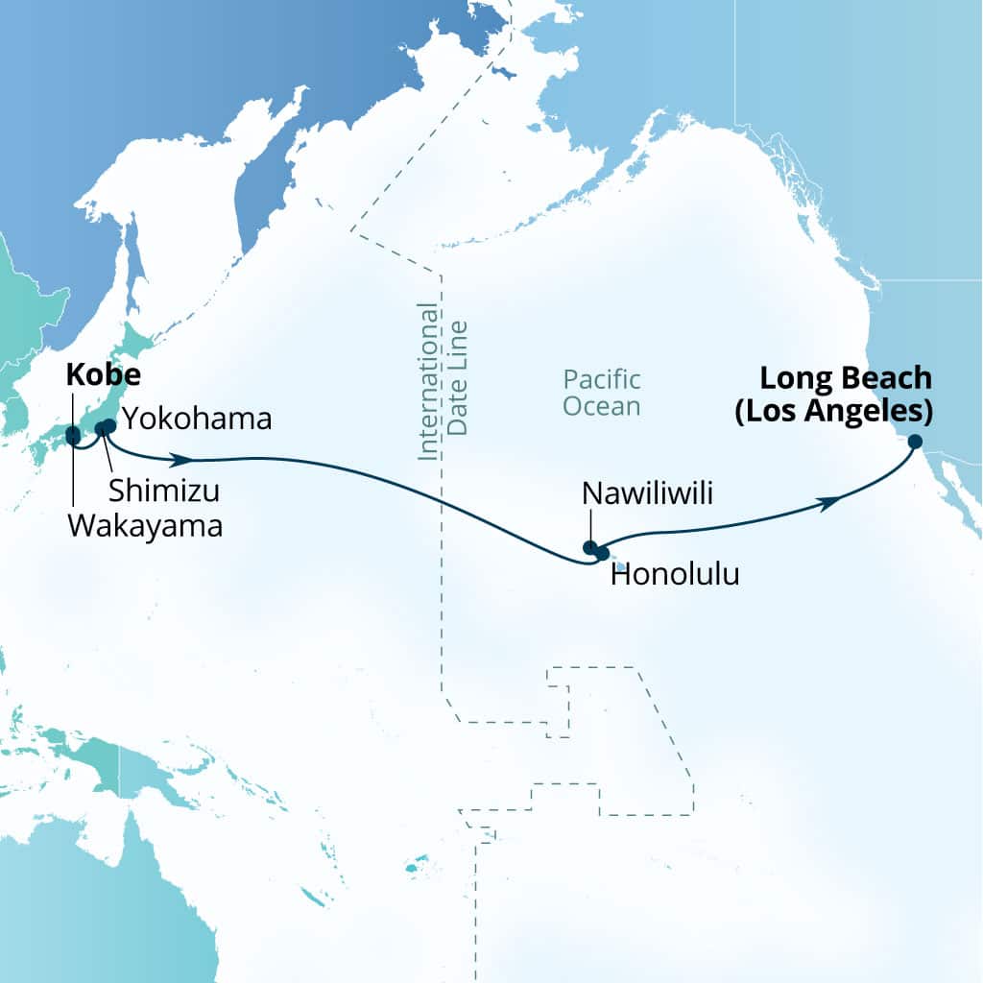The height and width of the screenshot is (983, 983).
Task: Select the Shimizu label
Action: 164,491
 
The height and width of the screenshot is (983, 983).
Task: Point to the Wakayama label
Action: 145,524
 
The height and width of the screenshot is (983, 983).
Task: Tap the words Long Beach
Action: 846,377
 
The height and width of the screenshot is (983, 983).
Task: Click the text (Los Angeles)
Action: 846,411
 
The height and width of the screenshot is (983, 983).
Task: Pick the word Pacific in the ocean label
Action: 602,379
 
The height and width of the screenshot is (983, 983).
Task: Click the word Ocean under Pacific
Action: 602,406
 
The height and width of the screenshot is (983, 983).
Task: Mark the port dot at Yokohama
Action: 109,425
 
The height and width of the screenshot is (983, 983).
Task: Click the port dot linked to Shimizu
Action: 101,428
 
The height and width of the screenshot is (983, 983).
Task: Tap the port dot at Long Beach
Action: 915,442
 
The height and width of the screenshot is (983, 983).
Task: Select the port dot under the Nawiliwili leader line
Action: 590,548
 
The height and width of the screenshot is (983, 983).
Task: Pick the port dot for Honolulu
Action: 602,553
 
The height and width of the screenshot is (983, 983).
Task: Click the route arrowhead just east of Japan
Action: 179,459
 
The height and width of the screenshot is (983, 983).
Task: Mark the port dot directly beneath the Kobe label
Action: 73,435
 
